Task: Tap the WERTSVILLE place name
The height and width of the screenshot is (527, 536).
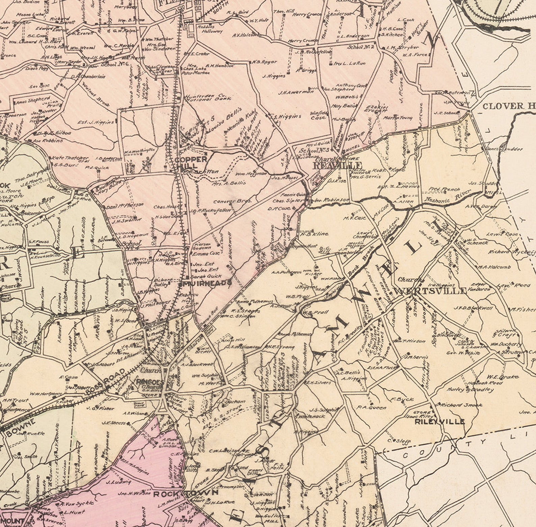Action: (x=430, y=291)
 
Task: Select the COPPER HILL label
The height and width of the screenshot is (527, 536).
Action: (x=191, y=162)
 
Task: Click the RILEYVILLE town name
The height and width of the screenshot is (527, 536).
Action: (x=439, y=422)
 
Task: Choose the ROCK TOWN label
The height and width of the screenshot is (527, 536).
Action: (x=186, y=494)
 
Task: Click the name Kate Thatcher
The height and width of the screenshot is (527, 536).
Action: (x=69, y=158)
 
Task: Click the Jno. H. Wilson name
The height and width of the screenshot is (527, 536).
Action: (x=134, y=494)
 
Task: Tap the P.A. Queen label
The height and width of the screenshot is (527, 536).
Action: (x=371, y=408)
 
